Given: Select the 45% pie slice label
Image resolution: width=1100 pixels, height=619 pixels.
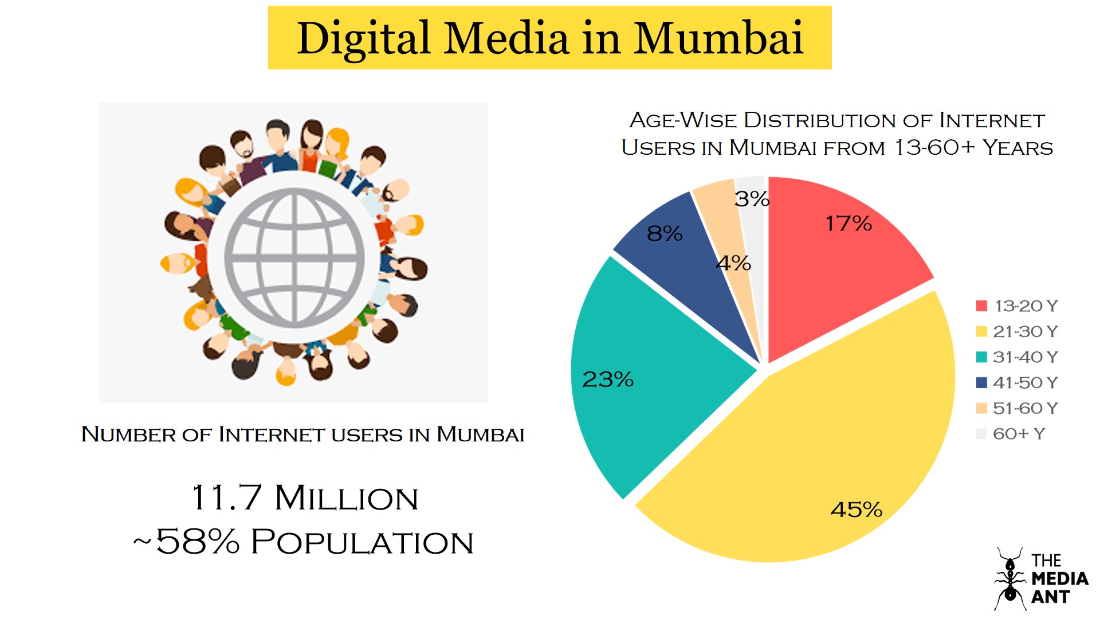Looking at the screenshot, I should pos(856,510).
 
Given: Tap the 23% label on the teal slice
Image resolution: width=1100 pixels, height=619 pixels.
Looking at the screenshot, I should pos(607,379).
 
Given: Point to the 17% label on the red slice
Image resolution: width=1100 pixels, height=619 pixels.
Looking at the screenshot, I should pos(848,224).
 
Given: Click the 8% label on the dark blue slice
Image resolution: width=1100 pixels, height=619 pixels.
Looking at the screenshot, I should pos(665,234).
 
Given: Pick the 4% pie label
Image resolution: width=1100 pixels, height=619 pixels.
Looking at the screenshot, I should pos(733,264).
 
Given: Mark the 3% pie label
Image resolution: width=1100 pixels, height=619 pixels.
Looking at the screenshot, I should pos(752,199).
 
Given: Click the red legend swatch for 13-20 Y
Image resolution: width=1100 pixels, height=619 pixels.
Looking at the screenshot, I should pos(981,306).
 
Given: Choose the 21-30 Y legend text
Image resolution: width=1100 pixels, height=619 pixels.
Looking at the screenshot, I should pos(1026,332).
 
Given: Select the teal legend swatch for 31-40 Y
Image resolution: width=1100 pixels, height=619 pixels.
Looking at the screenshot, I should pos(981,357).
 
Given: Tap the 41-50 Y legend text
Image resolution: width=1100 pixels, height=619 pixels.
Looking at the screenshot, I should pos(1026,383).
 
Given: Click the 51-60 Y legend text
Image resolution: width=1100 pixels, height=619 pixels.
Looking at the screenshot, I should pos(1026,409).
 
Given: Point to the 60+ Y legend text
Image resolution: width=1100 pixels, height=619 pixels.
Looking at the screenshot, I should pos(1019,434).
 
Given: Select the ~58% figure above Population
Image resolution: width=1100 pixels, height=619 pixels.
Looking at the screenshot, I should pos(187,542).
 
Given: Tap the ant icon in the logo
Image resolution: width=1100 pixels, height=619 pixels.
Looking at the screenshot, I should pos(1010,579).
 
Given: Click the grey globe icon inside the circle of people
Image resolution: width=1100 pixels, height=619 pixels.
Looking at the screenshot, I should pos(294,257).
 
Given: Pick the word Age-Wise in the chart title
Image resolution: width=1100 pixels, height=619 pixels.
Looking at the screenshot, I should pos(682,120).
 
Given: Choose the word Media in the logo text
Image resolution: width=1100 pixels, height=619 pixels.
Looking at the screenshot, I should pos(1059,579).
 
